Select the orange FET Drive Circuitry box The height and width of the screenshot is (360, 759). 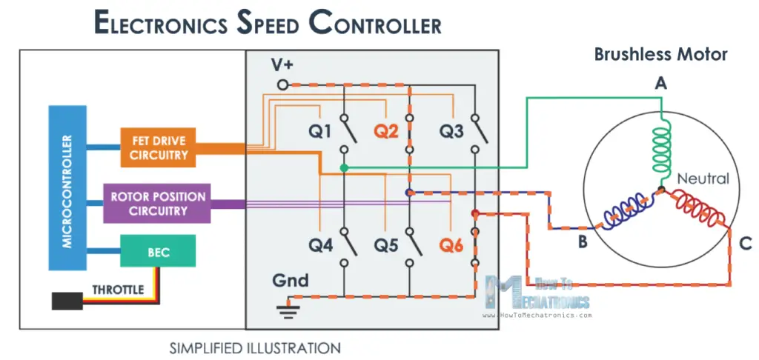pyautogui.click(x=159, y=147)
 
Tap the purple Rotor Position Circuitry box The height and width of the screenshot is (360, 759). pyautogui.click(x=159, y=204)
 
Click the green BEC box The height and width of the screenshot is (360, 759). pyautogui.click(x=159, y=252)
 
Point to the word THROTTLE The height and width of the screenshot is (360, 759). pyautogui.click(x=118, y=290)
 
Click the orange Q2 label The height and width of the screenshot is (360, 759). pyautogui.click(x=385, y=131)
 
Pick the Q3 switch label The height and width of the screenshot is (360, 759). pyautogui.click(x=451, y=131)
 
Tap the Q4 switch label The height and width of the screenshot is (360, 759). pyautogui.click(x=320, y=244)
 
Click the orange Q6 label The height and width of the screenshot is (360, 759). pyautogui.click(x=451, y=244)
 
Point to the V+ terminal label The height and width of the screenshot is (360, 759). pyautogui.click(x=282, y=67)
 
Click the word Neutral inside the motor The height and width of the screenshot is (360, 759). pyautogui.click(x=703, y=179)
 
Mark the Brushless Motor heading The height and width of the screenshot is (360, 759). pyautogui.click(x=661, y=54)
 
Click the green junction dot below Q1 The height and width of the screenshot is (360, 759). pyautogui.click(x=344, y=168)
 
